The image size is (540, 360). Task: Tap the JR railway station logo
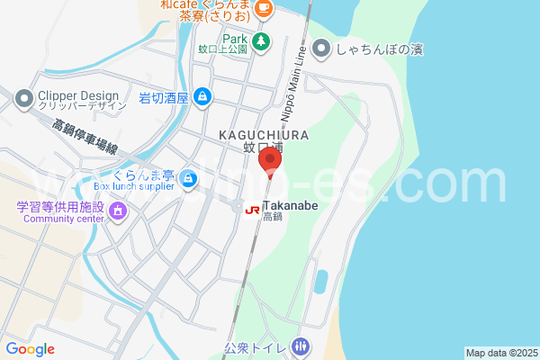tap(253, 210)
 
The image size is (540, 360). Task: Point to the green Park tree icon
tap(260, 40)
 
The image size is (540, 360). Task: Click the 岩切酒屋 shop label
tap(163, 98)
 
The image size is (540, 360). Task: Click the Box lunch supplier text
tap(133, 187)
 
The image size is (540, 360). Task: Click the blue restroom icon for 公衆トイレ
tap(301, 346)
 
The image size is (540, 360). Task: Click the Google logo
tap(30, 349)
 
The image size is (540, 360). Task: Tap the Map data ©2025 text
tap(500, 353)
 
